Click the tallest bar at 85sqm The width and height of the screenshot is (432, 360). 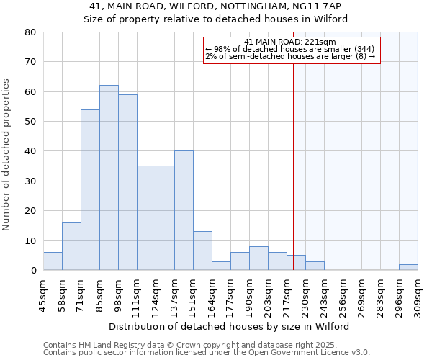click(109, 178)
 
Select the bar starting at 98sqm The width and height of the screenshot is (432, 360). click(127, 182)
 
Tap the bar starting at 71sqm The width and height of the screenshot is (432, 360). click(90, 190)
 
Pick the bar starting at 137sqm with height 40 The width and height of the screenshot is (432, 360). click(184, 210)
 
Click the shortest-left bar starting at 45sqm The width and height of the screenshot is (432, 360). click(53, 261)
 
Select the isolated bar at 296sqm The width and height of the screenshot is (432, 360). click(408, 267)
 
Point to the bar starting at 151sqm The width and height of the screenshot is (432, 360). click(202, 251)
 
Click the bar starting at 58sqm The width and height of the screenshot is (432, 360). click(71, 246)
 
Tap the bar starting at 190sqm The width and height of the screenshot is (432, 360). click(258, 258)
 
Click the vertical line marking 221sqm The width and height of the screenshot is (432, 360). click(293, 158)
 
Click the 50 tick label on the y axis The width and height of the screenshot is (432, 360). click(30, 122)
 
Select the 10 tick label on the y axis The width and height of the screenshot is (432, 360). click(30, 240)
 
